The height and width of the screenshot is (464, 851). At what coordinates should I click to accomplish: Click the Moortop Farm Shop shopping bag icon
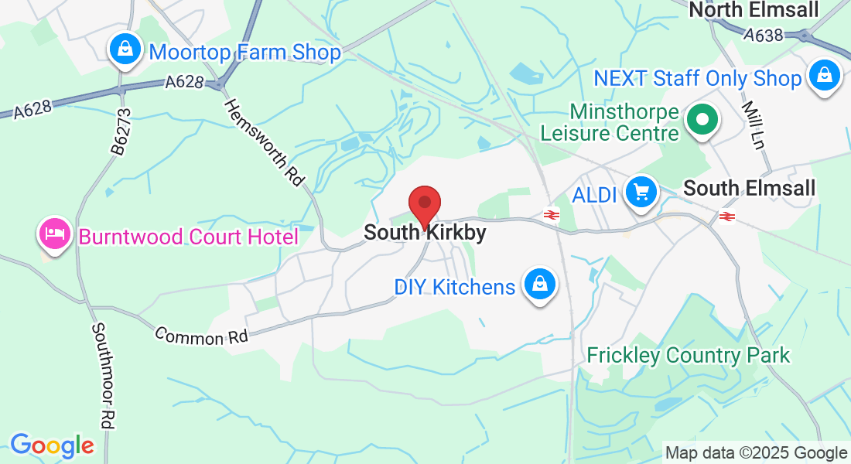[124, 51]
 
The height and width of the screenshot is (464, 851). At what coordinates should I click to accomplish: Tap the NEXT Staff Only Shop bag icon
[825, 77]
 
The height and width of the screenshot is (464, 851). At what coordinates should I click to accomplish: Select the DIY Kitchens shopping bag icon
[539, 285]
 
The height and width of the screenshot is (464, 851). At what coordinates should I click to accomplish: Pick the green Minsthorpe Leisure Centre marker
[702, 120]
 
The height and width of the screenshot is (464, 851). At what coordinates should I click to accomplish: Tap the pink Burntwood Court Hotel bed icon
[54, 234]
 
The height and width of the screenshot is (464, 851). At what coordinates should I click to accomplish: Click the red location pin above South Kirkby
[425, 205]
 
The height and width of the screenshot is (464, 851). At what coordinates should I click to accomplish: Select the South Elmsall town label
[739, 188]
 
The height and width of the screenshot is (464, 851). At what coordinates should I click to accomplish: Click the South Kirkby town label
[425, 232]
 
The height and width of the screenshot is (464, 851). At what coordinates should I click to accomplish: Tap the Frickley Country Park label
[689, 355]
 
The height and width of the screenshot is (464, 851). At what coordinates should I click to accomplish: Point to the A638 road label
[764, 35]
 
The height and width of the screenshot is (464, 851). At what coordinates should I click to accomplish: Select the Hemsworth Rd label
[264, 142]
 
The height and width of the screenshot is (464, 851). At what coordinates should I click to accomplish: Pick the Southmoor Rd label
[103, 375]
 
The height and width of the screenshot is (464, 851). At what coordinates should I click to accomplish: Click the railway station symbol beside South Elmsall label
[726, 216]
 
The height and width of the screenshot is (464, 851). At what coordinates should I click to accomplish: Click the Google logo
[52, 445]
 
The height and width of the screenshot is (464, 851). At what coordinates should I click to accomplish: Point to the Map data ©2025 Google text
[756, 453]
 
